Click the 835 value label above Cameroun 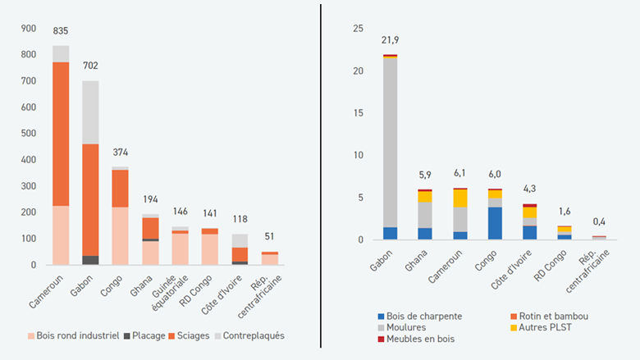[61, 31]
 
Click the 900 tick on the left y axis [29, 29]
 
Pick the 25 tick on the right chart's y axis [356, 29]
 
